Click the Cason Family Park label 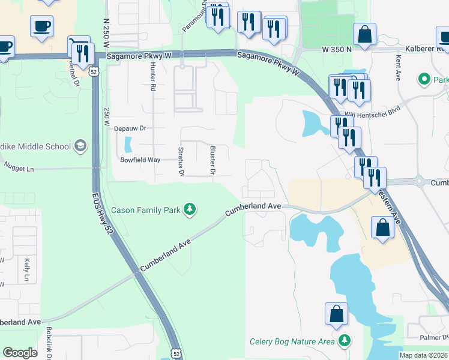click(146, 210)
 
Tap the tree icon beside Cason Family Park click(190, 209)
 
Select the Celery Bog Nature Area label click(292, 341)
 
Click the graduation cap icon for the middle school click(80, 146)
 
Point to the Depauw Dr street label click(130, 128)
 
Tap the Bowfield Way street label click(140, 160)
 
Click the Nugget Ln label click(19, 169)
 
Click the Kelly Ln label click(27, 270)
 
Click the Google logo click(20, 352)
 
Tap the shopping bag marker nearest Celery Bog click(336, 314)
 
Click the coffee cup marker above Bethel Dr click(41, 26)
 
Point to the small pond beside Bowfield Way click(127, 145)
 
